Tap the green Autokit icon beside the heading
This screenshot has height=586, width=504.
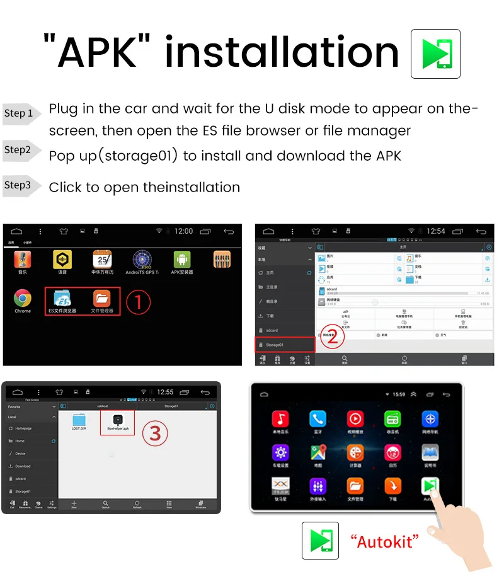[x=435, y=54]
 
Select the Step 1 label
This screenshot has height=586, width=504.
[x=19, y=113]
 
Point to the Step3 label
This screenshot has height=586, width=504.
[x=18, y=185]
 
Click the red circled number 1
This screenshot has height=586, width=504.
[x=138, y=302]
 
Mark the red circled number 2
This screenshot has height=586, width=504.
[x=332, y=335]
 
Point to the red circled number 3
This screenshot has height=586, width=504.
[x=155, y=434]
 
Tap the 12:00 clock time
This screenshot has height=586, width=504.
[x=183, y=231]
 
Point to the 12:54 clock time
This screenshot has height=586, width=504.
[x=435, y=231]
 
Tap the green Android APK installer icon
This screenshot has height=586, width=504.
[x=182, y=259]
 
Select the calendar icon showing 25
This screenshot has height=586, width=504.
[x=102, y=259]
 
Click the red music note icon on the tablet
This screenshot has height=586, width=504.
[x=280, y=419]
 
